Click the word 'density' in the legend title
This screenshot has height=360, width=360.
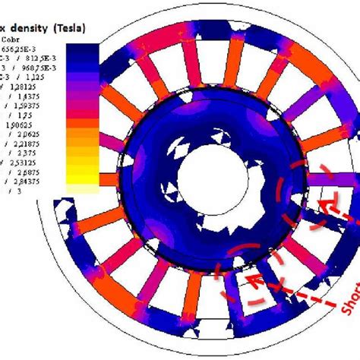tap(37, 27)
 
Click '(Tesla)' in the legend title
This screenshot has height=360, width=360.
tap(74, 27)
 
